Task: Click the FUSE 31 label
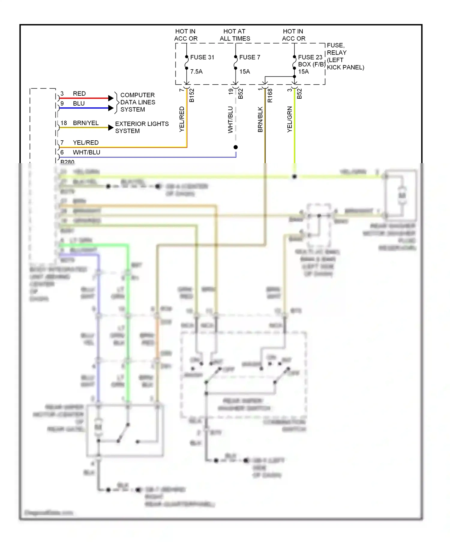click(x=202, y=57)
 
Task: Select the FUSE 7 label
click(x=250, y=57)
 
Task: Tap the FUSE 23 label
click(x=310, y=57)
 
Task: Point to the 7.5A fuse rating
click(x=196, y=72)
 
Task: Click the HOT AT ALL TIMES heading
click(x=235, y=35)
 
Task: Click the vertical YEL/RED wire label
click(x=182, y=119)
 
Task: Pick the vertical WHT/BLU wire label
click(x=230, y=120)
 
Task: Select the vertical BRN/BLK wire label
click(x=260, y=119)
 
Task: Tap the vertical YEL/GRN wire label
click(x=289, y=119)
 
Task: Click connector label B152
click(x=192, y=95)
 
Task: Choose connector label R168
click(x=270, y=95)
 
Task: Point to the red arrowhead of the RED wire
click(x=111, y=98)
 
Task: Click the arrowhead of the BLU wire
click(x=111, y=108)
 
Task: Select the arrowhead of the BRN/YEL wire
click(x=111, y=128)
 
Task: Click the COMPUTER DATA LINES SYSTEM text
click(x=138, y=102)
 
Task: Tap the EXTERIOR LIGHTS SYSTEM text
click(x=142, y=127)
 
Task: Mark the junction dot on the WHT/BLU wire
click(x=236, y=147)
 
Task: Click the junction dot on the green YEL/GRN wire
click(x=295, y=177)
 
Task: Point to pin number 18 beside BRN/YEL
click(x=64, y=123)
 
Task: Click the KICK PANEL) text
click(x=345, y=67)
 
